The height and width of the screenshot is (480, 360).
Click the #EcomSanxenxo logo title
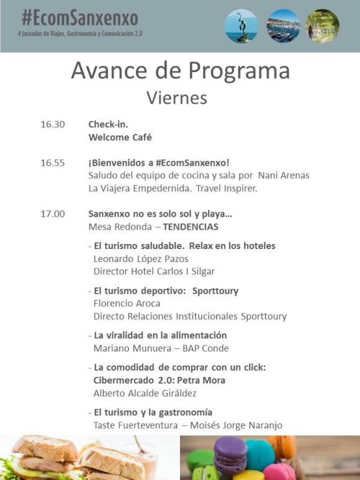click(x=79, y=17)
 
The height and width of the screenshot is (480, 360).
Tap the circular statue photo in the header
click(x=241, y=26)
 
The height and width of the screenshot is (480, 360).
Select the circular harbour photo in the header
click(x=283, y=26)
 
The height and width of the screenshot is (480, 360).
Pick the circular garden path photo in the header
click(x=322, y=26)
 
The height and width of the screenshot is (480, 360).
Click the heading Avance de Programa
click(x=180, y=71)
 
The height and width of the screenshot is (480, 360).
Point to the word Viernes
click(x=177, y=98)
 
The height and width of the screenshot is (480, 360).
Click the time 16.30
click(x=53, y=124)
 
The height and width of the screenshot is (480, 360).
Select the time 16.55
click(x=53, y=163)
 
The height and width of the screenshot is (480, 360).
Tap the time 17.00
click(x=53, y=214)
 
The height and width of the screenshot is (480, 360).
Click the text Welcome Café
click(x=120, y=137)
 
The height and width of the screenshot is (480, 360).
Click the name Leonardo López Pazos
click(x=141, y=258)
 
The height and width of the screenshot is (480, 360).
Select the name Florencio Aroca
click(x=127, y=303)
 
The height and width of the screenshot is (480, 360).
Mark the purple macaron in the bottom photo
click(x=228, y=452)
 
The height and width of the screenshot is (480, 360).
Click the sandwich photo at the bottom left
click(x=87, y=458)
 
